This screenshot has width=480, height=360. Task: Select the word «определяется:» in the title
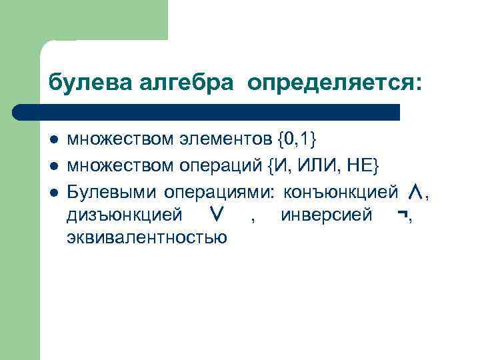(334, 83)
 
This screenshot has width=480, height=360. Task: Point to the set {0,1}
(296, 139)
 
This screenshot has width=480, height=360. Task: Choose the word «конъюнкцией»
(341, 192)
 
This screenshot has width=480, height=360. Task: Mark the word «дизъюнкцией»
(125, 215)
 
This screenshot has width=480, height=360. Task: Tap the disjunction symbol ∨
(215, 215)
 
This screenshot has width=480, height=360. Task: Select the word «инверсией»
(327, 215)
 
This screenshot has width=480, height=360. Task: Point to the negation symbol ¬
(402, 215)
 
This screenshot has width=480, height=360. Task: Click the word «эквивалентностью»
(147, 237)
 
